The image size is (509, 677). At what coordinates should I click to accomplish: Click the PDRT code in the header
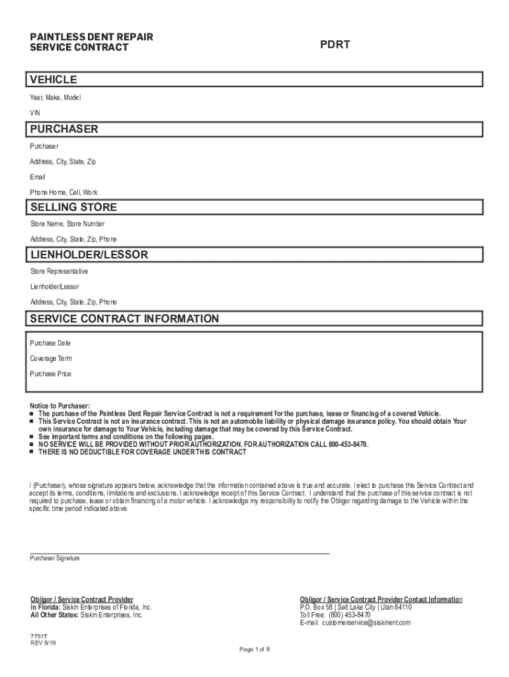[335, 45]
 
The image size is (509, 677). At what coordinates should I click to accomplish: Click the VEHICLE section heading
[54, 80]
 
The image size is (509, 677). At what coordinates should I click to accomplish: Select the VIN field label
[35, 113]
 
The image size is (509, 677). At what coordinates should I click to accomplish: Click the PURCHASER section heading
[64, 129]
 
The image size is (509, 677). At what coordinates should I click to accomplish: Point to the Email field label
[38, 177]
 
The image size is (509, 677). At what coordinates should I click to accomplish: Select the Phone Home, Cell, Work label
[63, 192]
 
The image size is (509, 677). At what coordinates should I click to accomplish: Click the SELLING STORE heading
[73, 208]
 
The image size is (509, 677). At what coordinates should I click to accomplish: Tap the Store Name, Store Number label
[67, 224]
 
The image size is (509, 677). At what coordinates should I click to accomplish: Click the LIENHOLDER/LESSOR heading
[89, 255]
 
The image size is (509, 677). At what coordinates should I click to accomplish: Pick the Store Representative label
[59, 272]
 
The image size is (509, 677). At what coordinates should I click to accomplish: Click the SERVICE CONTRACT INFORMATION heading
[124, 319]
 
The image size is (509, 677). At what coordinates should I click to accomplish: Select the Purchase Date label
[50, 343]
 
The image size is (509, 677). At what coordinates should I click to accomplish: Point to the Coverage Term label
[51, 358]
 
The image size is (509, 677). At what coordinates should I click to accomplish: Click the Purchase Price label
[51, 374]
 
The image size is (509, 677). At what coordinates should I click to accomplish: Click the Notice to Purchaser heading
[59, 405]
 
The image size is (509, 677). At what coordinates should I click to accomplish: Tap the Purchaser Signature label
[55, 558]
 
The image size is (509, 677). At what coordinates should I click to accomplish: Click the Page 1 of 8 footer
[255, 649]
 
